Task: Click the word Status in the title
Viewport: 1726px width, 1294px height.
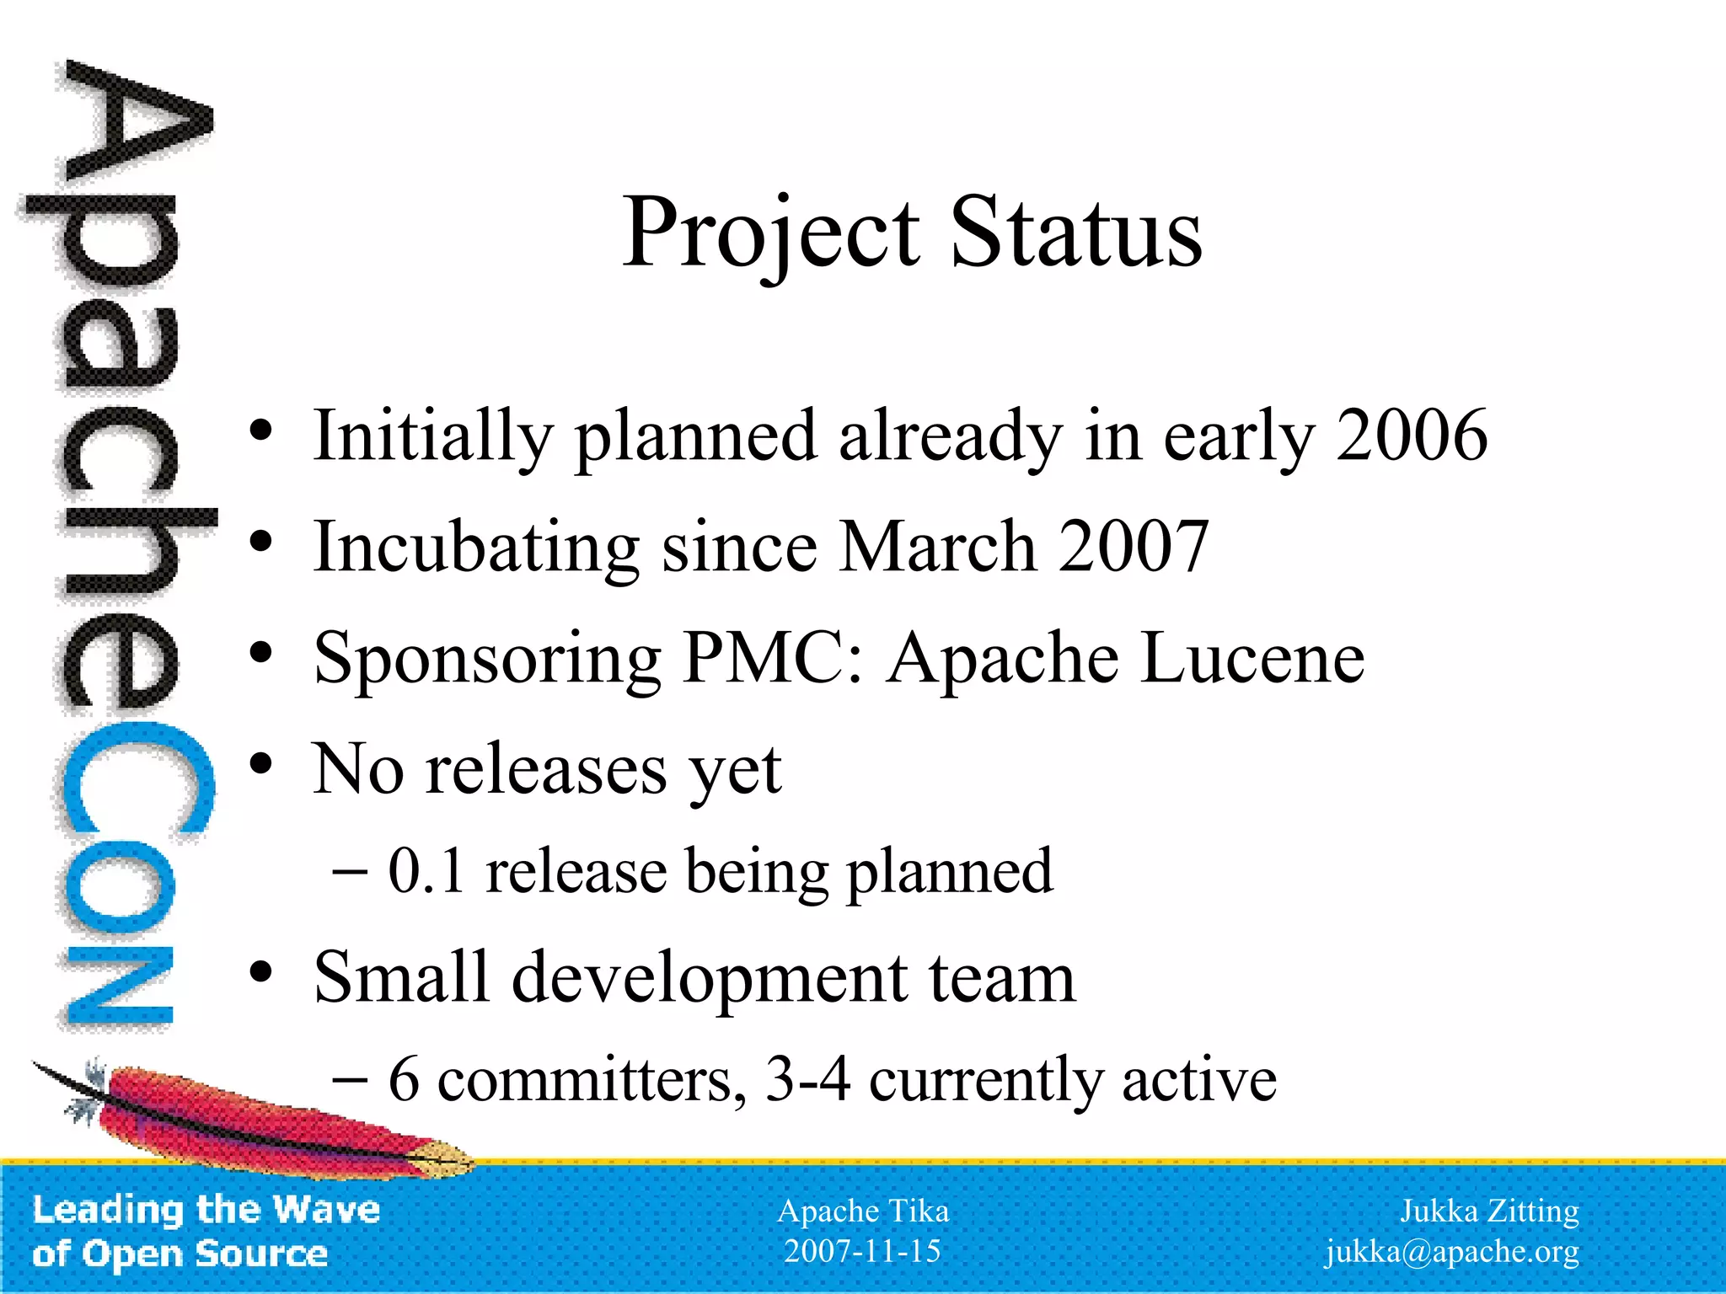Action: (x=1076, y=233)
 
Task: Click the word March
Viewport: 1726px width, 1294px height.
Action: (x=938, y=547)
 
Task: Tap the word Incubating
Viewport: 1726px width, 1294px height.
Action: (x=476, y=548)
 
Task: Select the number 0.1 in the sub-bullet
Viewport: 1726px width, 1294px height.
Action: (x=426, y=871)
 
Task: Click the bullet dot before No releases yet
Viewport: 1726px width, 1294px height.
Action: (x=261, y=764)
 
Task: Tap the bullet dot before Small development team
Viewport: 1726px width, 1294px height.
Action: (x=261, y=972)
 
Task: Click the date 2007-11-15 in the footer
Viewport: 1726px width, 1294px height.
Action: (x=862, y=1251)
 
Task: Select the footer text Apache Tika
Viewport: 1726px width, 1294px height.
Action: (x=862, y=1211)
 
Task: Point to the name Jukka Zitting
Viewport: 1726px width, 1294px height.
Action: (x=1488, y=1211)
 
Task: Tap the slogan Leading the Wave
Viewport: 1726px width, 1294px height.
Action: (x=206, y=1210)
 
